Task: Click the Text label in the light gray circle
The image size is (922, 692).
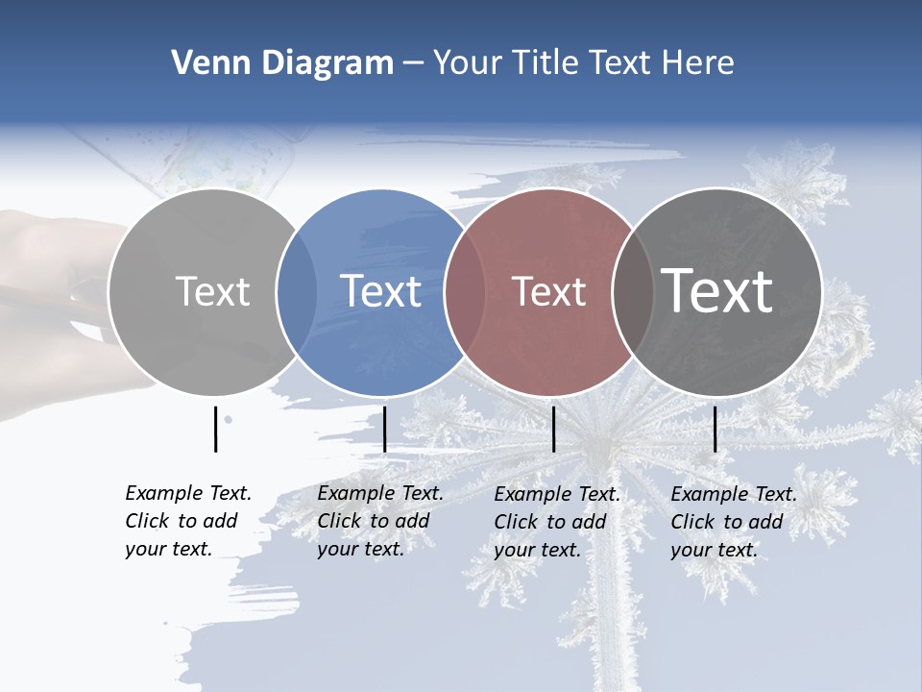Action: coord(212,291)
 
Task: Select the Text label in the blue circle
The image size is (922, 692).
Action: coord(381,291)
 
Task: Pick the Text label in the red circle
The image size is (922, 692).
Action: coord(548,291)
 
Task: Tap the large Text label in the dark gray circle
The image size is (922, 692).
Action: coord(717,290)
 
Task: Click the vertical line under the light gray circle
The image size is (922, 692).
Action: coord(216,429)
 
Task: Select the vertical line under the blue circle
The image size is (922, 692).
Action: coord(384,429)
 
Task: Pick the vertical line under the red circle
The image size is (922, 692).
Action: coord(554,429)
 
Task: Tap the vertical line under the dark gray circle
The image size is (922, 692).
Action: coord(715,429)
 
